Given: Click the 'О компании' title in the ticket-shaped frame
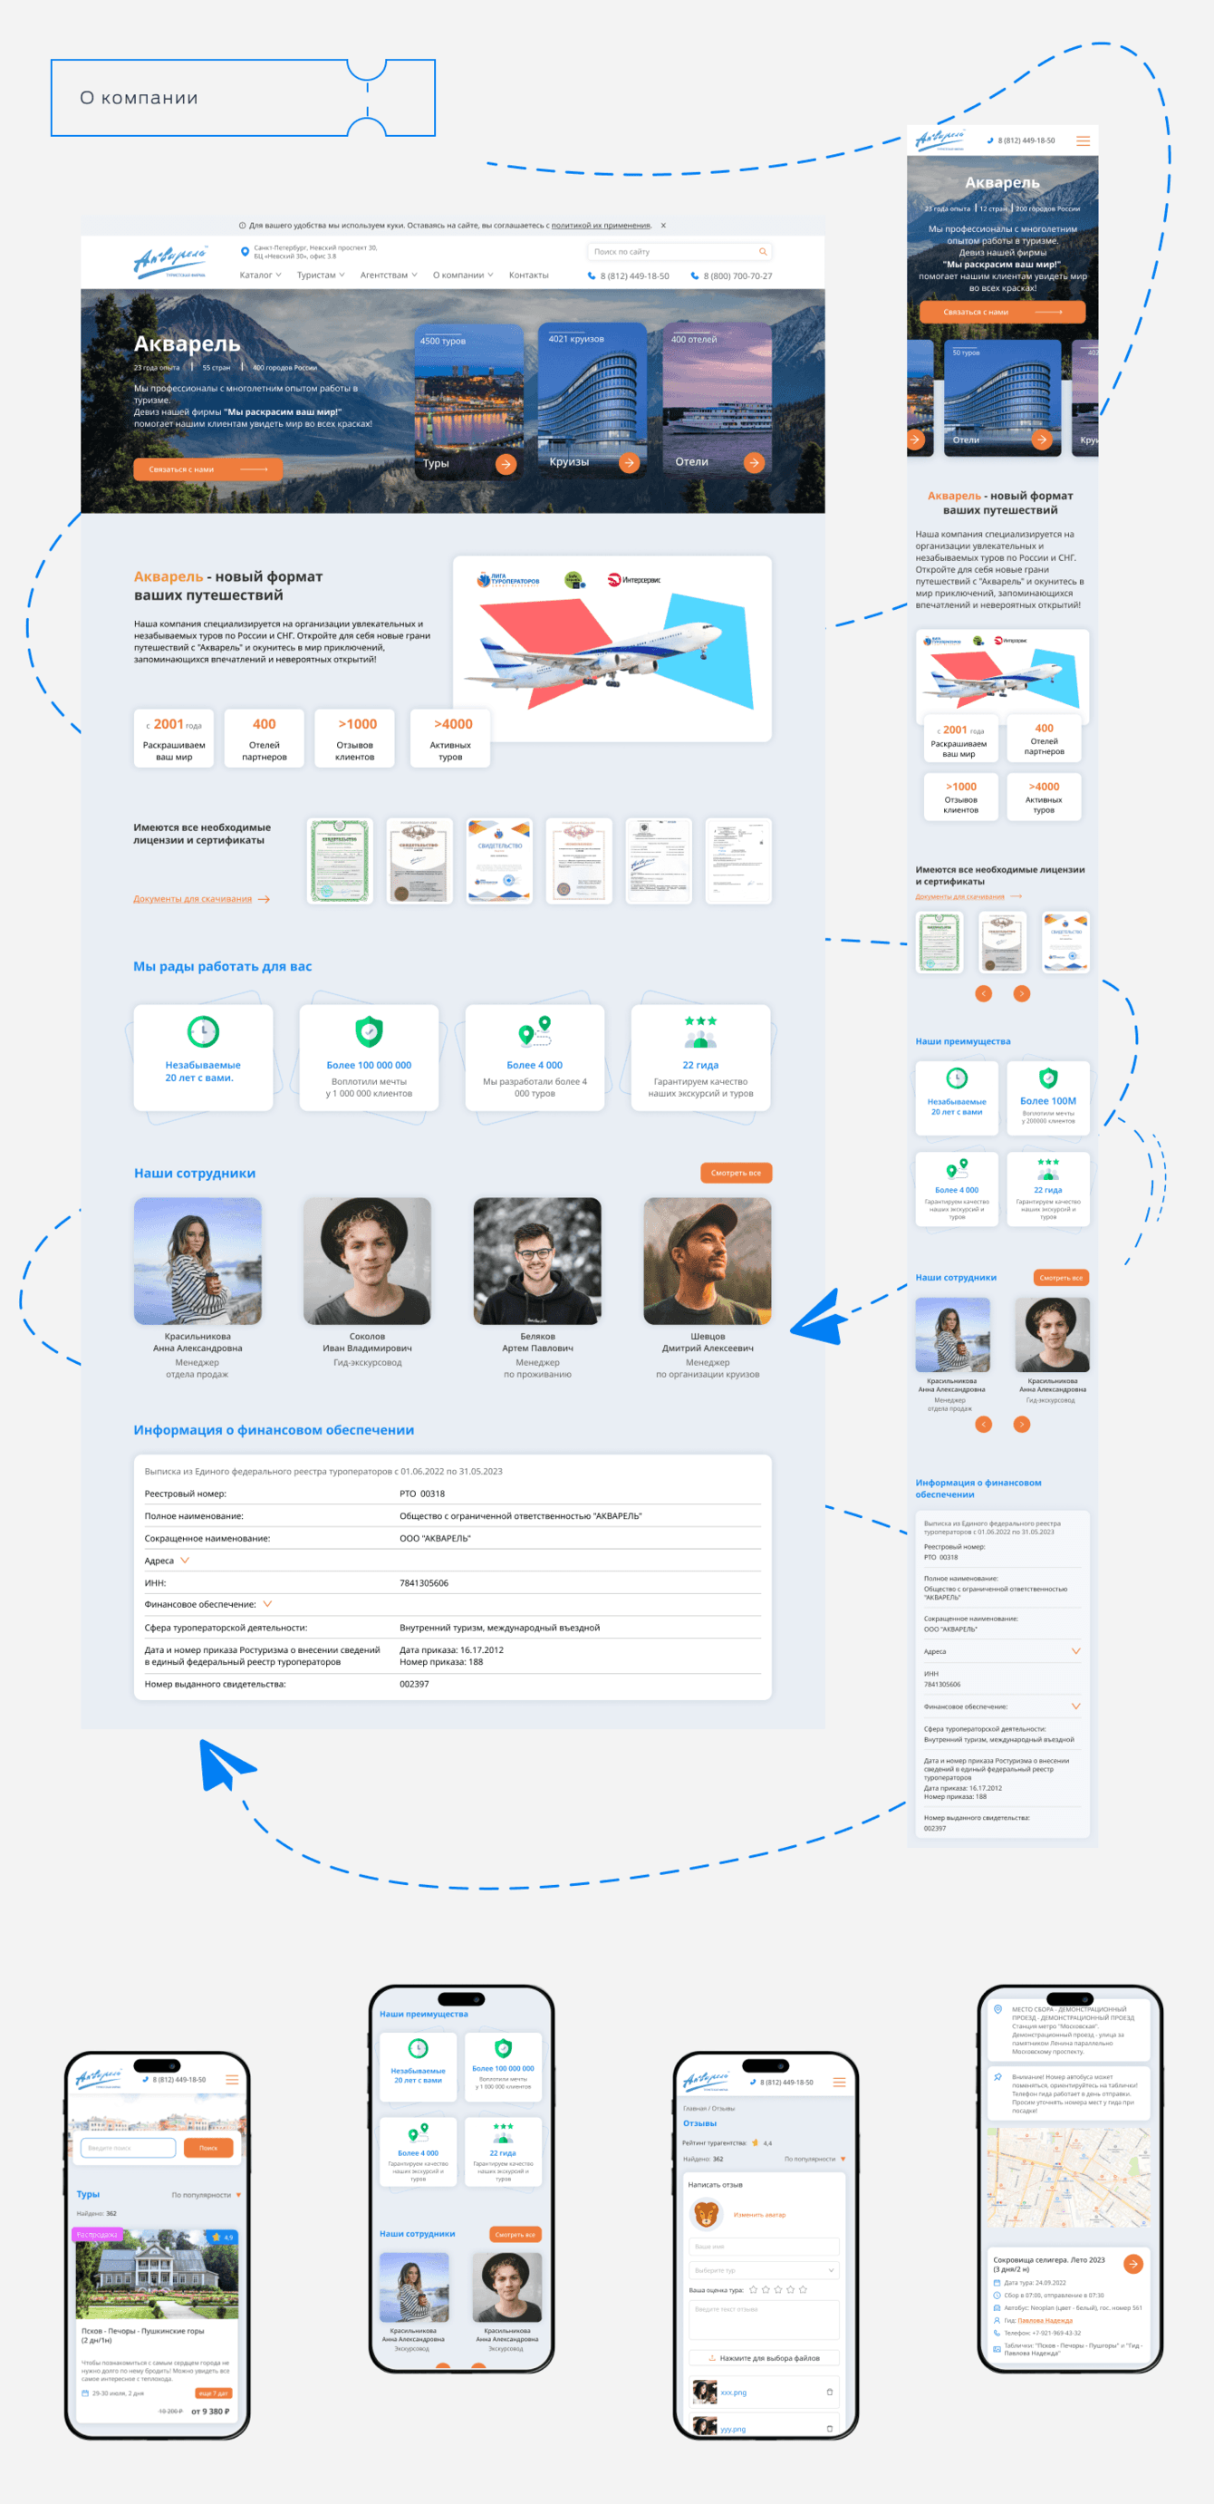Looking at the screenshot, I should [x=139, y=98].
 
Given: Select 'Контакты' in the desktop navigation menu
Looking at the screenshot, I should [x=529, y=276].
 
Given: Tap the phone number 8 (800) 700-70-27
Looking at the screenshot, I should [x=737, y=276].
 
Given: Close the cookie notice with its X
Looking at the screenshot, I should [x=663, y=226].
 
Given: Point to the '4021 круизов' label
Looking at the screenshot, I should [x=575, y=339].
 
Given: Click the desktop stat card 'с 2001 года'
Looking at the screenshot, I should [x=174, y=739].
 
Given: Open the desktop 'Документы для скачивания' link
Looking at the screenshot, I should [x=193, y=899].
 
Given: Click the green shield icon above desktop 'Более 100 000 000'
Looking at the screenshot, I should [x=369, y=1031].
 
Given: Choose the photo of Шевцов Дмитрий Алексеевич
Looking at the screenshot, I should [x=707, y=1261].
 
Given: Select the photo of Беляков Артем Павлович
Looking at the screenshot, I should [x=536, y=1261].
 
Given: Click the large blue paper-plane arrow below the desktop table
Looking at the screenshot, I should [x=223, y=1764].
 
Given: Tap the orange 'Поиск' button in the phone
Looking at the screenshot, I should [x=208, y=2147].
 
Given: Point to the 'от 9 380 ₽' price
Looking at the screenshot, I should [x=210, y=2411].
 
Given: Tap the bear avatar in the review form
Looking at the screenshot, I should [x=706, y=2214].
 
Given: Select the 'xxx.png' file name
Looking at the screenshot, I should [x=734, y=2392].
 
